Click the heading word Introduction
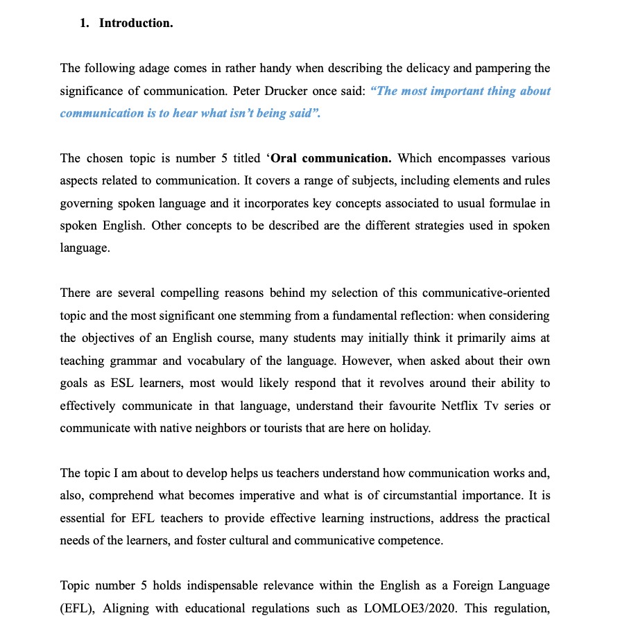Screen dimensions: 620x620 pos(136,24)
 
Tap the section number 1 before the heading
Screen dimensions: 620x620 pos(84,24)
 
